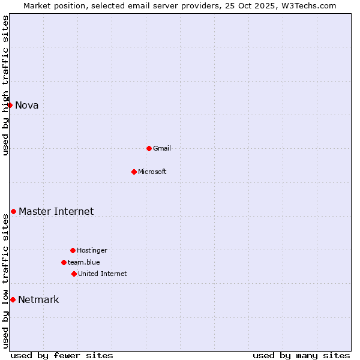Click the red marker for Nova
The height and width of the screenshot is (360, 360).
(10, 105)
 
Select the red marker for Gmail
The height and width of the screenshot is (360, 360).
(149, 148)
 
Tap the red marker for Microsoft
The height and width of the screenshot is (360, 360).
(134, 172)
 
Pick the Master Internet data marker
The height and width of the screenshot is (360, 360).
(13, 211)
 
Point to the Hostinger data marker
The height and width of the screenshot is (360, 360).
(73, 250)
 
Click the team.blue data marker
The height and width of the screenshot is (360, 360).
(64, 262)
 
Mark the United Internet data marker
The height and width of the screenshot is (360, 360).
(74, 274)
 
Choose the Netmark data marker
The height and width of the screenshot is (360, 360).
(13, 299)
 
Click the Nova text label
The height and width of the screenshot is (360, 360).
(27, 106)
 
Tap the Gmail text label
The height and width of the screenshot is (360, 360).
(162, 148)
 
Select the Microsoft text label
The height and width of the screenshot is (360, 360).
(152, 172)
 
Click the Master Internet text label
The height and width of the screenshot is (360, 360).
(56, 211)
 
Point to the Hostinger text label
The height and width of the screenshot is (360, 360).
(92, 250)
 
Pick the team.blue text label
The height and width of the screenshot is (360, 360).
(84, 262)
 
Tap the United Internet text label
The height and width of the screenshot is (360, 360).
(103, 274)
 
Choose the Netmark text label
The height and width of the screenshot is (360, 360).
(38, 300)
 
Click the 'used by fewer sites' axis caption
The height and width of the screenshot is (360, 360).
(62, 355)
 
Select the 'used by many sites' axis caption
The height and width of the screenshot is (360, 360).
(301, 355)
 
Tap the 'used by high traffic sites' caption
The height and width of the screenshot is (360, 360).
(5, 85)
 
